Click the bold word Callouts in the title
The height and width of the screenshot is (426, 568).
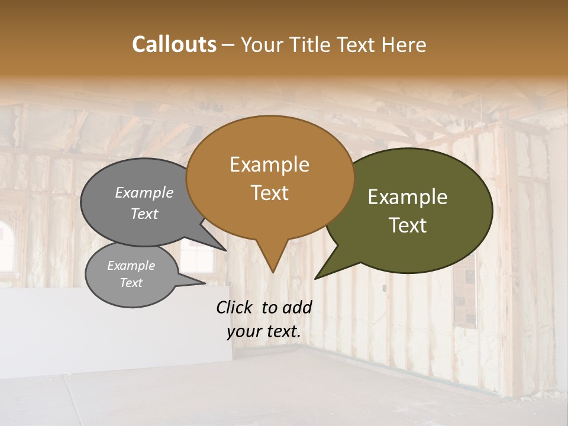pos(174,44)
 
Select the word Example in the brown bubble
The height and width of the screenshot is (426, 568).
pos(269,164)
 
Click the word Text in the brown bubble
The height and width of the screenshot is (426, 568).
pos(269,193)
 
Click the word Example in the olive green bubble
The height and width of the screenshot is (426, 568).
pos(408,197)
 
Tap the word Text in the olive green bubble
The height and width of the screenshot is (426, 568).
pos(408,225)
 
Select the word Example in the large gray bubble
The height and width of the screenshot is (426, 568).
pos(144,192)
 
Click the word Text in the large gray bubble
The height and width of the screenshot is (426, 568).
pos(144,214)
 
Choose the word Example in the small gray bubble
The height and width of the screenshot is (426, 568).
pos(131,266)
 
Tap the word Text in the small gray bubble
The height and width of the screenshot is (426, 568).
pos(131,283)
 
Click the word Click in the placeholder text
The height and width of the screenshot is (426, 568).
pos(235,307)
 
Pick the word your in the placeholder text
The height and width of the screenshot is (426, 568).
pos(243,331)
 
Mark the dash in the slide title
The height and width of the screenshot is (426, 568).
pos(229,45)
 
